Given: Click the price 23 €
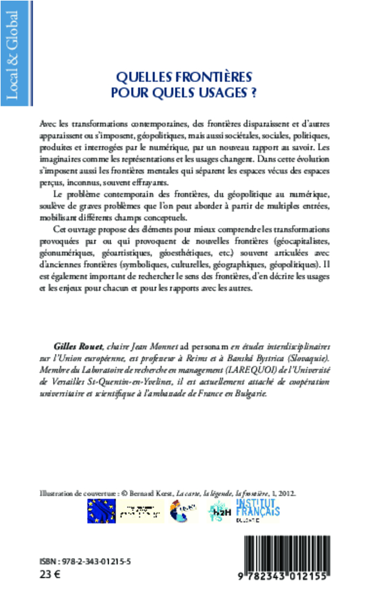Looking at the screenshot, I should pos(47,574).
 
